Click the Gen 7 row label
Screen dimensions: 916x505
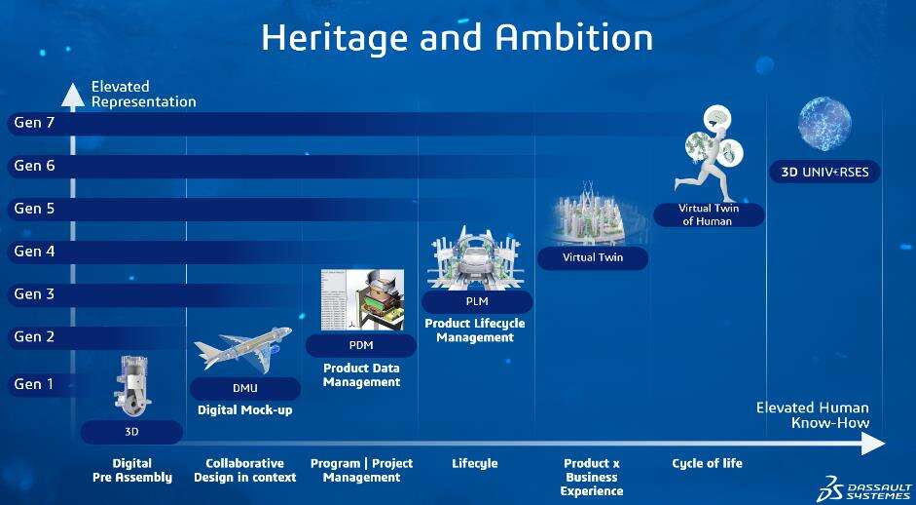[x=34, y=123]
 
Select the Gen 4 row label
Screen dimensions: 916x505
[x=34, y=251]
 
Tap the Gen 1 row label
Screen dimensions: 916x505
[x=34, y=384]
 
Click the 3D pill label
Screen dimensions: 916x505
[x=131, y=433]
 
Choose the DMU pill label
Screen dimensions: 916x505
[x=244, y=389]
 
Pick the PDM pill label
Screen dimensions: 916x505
[x=361, y=345]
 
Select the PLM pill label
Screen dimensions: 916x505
[x=477, y=302]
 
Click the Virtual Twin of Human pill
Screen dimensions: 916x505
[x=709, y=214]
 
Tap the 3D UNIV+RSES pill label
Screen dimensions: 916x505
[x=824, y=172]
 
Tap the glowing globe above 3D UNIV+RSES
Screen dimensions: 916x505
[x=824, y=124]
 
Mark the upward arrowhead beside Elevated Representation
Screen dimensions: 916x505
[x=72, y=97]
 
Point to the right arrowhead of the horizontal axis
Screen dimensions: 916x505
[x=873, y=443]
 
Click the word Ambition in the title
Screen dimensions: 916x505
[x=573, y=37]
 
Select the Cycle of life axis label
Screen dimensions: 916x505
[x=707, y=463]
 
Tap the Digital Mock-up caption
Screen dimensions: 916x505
[x=244, y=410]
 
